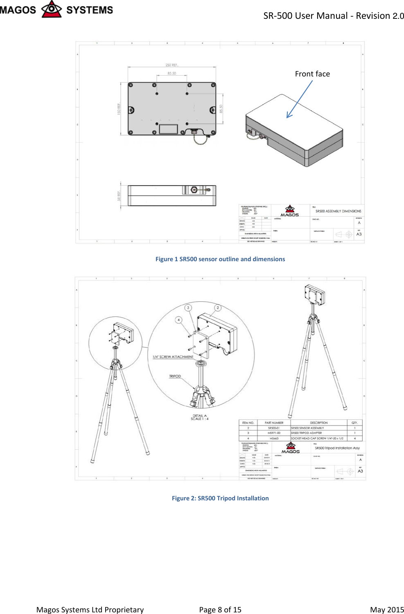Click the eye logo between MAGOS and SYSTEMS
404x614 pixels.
(52, 9)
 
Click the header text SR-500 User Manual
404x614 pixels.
(305, 16)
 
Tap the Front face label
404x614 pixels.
(312, 74)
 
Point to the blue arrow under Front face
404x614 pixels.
(299, 99)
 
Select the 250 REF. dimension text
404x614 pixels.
(172, 65)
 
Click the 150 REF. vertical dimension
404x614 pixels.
(119, 108)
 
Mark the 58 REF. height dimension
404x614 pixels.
(119, 196)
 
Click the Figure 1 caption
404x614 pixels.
(220, 259)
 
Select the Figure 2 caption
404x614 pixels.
(220, 498)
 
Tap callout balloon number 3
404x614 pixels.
(188, 308)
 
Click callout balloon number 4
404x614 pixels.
(178, 320)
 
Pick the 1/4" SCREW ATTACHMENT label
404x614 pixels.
(173, 357)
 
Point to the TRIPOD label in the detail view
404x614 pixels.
(175, 376)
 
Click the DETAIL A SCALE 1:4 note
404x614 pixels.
(199, 417)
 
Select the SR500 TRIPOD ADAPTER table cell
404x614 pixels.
(307, 433)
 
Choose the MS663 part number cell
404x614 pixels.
(274, 438)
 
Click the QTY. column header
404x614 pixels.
(354, 423)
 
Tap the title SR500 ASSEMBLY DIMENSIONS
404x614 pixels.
(338, 211)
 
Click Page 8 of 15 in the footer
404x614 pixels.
(220, 610)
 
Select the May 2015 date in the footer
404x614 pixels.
(386, 610)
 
